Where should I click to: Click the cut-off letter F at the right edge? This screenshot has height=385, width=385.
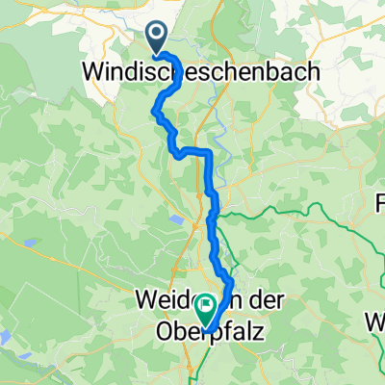pyautogui.click(x=379, y=204)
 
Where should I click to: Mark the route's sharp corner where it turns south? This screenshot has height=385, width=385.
pyautogui.click(x=207, y=154)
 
